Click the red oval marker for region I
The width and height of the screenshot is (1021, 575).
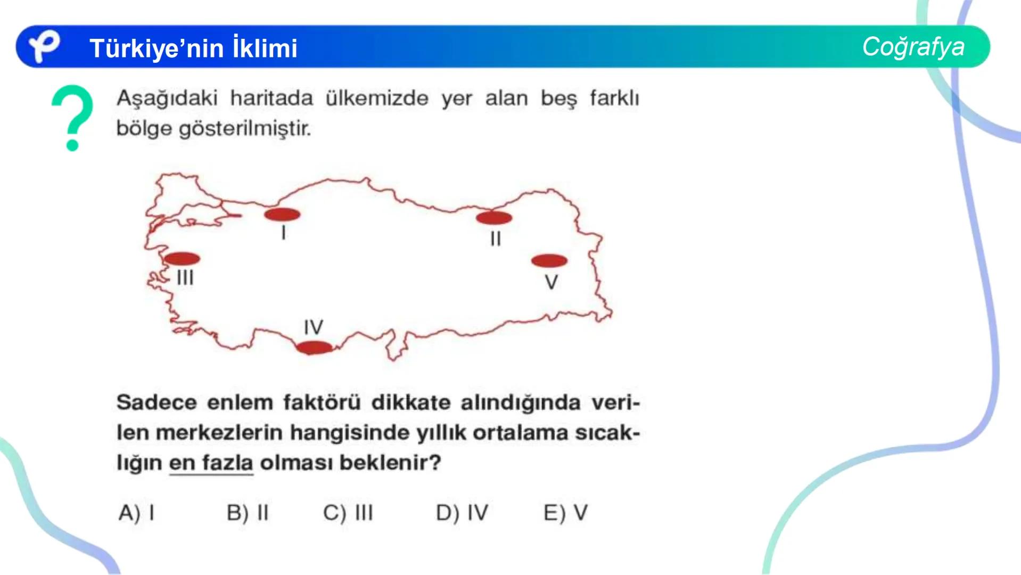coord(282,215)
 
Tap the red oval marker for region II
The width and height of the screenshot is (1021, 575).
coord(494,218)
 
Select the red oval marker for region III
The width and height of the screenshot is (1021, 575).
coord(182,259)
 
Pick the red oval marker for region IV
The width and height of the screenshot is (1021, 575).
coord(314,348)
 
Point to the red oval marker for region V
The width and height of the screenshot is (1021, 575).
coord(549,261)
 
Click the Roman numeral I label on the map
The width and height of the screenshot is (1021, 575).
coord(284,233)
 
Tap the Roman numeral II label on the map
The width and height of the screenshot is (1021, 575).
coord(496,239)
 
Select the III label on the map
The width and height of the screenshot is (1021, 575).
coord(185,277)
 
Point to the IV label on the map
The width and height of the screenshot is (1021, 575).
coord(314,327)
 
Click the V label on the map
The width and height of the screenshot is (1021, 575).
coord(551,282)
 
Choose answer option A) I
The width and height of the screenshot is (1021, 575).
coord(137,513)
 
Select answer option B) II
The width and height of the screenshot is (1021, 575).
coord(248,513)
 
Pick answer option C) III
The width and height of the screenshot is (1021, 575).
coord(348,513)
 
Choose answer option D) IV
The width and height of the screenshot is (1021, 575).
coord(462,513)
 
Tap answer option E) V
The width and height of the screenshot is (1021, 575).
coord(565,513)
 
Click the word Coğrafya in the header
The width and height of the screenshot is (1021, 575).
coord(913,47)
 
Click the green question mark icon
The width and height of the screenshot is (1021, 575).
coord(72,118)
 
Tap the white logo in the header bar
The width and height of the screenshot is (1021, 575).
coord(44,46)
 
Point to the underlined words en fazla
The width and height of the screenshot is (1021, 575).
coord(211,463)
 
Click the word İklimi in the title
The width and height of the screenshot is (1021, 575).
coord(265,48)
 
